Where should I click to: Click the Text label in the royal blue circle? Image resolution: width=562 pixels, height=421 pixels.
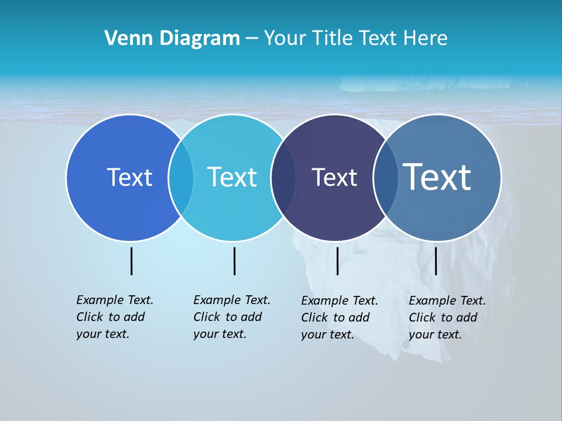point(129,177)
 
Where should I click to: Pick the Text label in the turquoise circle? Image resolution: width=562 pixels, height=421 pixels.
point(232,177)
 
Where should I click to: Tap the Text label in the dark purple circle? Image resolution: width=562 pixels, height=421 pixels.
point(334,177)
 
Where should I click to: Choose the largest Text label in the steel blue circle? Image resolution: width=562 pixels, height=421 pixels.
point(437,177)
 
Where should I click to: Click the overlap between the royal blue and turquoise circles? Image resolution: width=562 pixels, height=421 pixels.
point(181,177)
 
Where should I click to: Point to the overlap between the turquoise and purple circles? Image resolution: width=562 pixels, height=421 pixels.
point(283,177)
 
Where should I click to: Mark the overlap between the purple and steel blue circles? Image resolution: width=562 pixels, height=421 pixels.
point(385,177)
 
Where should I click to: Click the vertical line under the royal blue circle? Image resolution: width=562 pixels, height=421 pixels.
point(131,261)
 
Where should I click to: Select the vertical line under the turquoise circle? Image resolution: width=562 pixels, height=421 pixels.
point(234,261)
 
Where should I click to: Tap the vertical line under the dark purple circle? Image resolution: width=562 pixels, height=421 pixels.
point(337,261)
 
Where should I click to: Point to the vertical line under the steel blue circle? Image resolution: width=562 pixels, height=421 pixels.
point(436,261)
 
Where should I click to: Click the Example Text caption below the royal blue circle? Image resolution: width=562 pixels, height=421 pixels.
point(114,317)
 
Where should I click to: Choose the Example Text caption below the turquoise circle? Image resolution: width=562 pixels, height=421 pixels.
point(231,317)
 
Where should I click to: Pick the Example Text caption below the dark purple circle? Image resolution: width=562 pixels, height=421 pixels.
point(339,318)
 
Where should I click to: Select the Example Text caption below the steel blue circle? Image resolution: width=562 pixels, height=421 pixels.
point(447,318)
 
